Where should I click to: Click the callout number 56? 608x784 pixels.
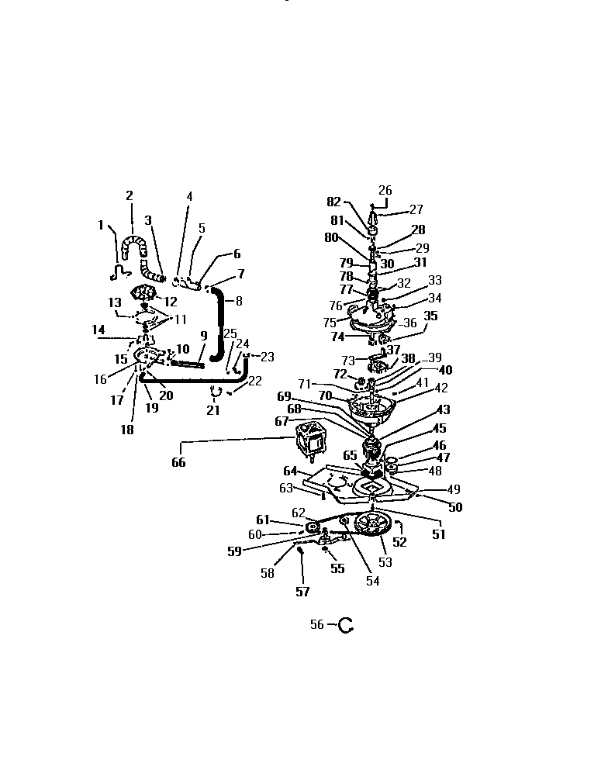316,625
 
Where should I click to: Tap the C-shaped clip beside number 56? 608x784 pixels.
344,625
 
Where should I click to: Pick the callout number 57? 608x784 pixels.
302,592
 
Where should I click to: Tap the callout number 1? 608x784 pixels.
101,225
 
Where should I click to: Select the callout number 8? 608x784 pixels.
239,301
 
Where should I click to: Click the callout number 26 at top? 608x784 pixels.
385,191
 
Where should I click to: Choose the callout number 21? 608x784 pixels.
213,410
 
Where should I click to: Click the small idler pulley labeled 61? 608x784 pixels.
313,529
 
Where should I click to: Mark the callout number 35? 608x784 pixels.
431,316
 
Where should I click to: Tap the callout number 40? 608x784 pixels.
445,370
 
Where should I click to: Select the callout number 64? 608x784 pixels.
290,471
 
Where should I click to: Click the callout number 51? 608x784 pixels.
439,534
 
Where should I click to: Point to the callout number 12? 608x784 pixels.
171,301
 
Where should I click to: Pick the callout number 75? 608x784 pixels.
330,322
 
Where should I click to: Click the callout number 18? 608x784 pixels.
126,430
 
